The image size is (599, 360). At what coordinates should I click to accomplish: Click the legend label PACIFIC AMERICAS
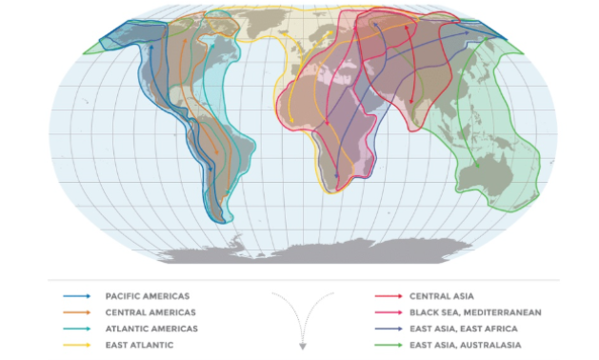[148, 296]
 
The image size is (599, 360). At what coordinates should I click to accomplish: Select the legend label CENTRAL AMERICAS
[150, 312]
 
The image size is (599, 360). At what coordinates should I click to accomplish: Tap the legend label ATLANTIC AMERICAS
[152, 329]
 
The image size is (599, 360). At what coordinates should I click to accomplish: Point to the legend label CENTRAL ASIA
[441, 296]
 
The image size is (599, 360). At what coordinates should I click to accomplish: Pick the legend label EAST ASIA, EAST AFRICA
[461, 329]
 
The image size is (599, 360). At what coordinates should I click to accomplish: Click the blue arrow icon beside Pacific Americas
[77, 296]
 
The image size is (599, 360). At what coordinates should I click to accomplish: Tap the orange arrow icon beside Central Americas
[77, 312]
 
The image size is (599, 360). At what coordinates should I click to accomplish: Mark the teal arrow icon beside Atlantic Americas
[77, 329]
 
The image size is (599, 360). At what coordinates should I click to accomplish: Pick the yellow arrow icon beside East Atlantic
[77, 345]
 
